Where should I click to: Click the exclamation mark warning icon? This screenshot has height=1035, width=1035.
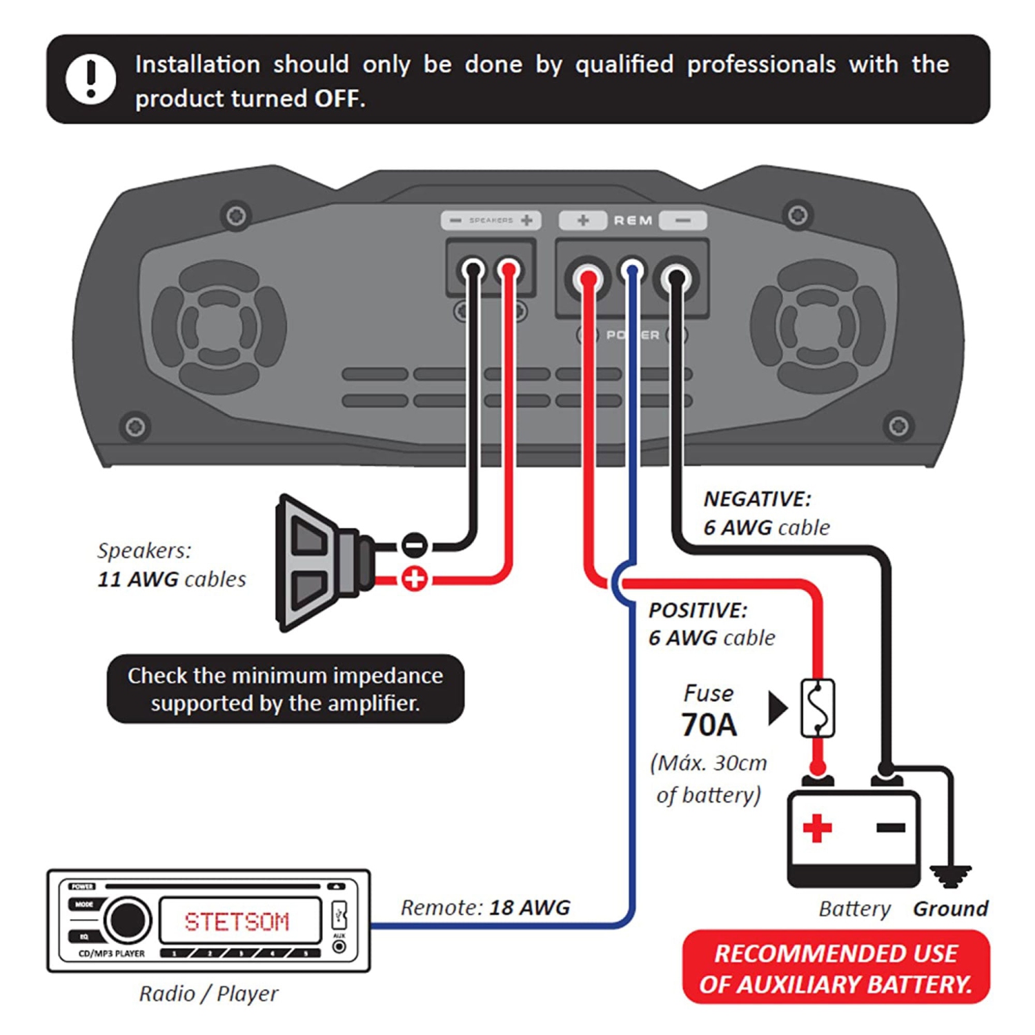point(90,78)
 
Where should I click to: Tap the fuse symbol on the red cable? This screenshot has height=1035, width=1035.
point(817,708)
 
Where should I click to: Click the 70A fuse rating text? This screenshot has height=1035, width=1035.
point(709,725)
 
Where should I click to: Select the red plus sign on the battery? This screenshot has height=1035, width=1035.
point(817,828)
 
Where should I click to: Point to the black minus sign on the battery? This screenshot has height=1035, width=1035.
point(891,827)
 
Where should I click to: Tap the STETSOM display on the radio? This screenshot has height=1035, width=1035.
point(237,921)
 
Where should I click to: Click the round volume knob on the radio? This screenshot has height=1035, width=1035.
point(128,920)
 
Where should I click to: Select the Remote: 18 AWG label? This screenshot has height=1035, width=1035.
point(485,907)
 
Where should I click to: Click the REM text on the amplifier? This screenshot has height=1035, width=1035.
point(633,221)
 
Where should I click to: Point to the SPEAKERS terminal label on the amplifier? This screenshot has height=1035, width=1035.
point(491,220)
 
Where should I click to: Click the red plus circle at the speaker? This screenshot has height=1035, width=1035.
point(414,579)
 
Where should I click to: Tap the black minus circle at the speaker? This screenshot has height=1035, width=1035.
point(414,546)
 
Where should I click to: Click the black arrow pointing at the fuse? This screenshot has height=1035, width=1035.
point(778,708)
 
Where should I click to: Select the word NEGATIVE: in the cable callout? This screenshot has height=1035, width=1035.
point(757,499)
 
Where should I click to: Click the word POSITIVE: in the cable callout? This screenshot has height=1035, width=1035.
point(698,610)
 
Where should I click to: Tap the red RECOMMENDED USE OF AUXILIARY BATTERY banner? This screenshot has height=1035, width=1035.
point(836,967)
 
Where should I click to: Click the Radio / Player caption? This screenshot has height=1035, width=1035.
point(208,994)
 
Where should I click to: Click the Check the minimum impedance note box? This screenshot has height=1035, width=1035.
point(285,689)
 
